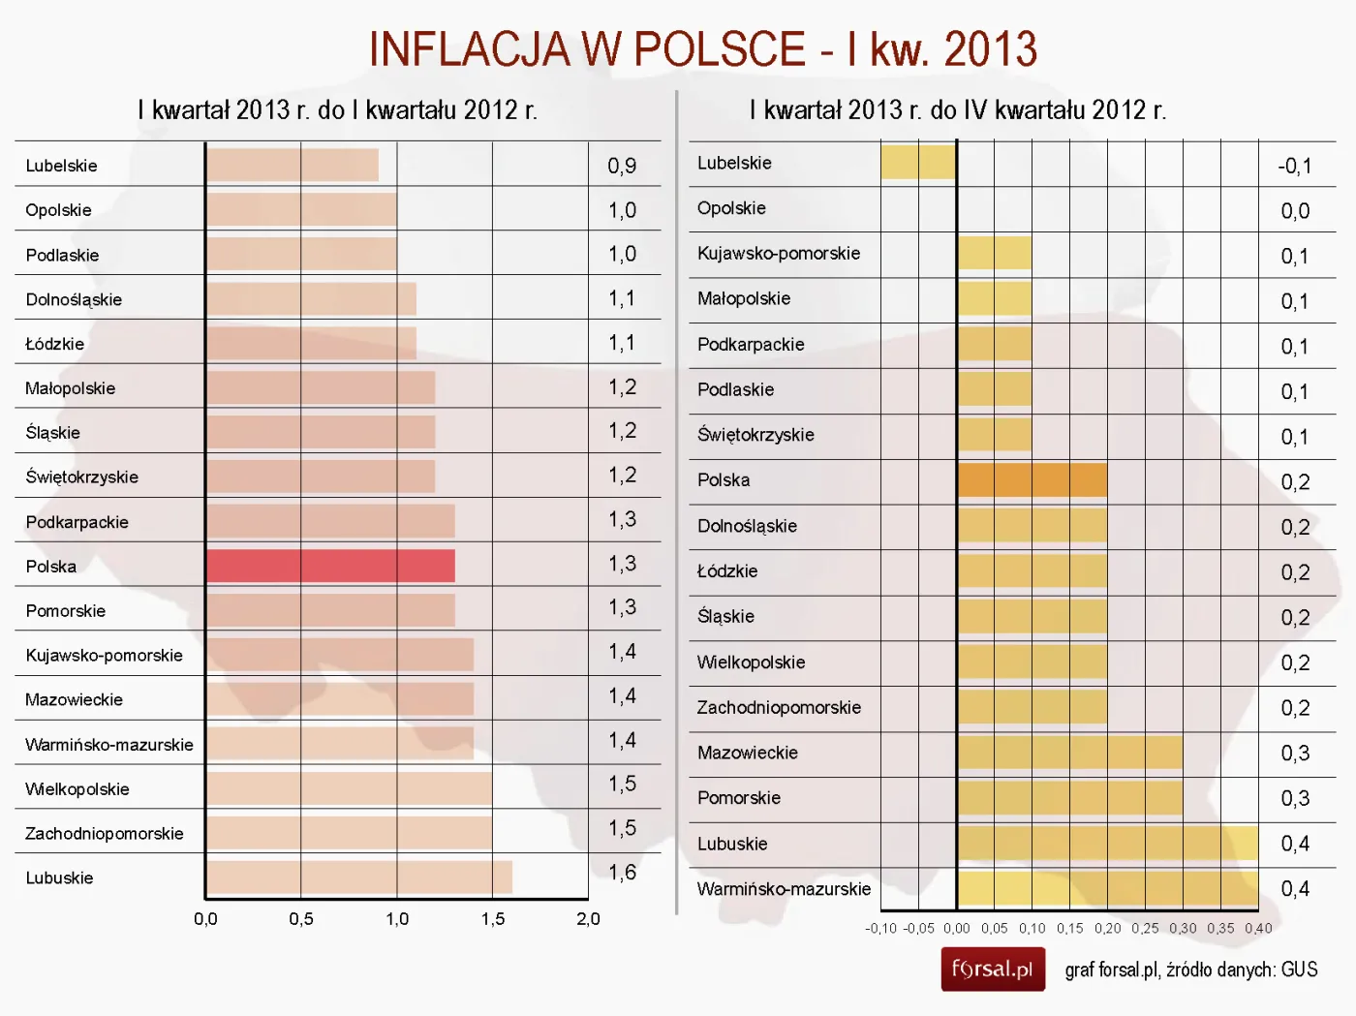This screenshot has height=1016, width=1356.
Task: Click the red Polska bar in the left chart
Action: click(x=330, y=567)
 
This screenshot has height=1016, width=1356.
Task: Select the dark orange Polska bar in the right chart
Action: click(x=1032, y=480)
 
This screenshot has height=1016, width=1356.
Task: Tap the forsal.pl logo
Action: click(x=992, y=970)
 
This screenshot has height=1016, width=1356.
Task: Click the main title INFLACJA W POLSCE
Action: click(x=702, y=49)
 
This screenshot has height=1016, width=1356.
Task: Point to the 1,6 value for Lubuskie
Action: click(x=622, y=873)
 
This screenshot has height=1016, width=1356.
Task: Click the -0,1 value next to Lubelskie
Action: click(x=1294, y=166)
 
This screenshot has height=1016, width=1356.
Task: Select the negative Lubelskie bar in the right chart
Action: click(x=918, y=163)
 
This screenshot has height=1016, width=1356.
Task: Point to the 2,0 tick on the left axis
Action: click(x=588, y=919)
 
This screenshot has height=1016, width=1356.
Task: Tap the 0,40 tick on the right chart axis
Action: click(x=1258, y=928)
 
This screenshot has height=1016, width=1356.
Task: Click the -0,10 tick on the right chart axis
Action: click(x=880, y=928)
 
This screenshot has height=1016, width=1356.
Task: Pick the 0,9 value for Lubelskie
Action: click(x=622, y=166)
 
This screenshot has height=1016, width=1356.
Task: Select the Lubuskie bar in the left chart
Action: click(x=358, y=877)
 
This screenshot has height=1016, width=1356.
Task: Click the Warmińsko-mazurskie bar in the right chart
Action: click(x=1107, y=888)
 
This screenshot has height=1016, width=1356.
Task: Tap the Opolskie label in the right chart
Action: click(x=731, y=208)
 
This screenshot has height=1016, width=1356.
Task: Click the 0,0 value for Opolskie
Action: click(x=1295, y=211)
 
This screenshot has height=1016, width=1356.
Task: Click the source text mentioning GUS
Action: click(x=1190, y=970)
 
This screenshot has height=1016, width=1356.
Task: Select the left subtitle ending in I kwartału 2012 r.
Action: click(x=337, y=110)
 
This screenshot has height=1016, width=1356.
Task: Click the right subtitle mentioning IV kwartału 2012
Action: click(x=957, y=110)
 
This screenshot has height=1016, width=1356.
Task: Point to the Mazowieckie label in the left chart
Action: click(x=74, y=699)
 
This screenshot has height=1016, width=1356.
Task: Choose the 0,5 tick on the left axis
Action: click(x=300, y=919)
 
